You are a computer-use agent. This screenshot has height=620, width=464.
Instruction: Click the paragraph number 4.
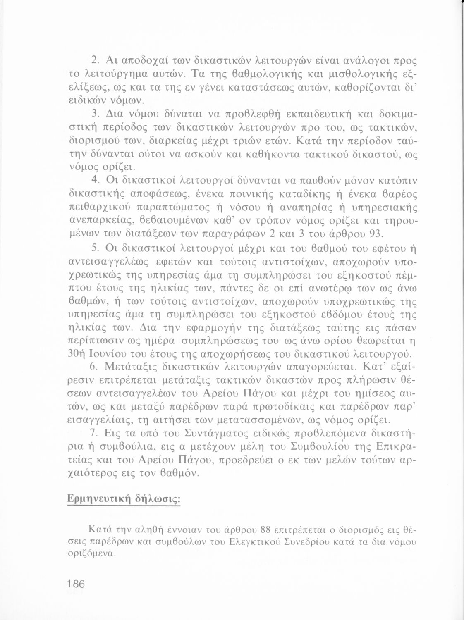94,180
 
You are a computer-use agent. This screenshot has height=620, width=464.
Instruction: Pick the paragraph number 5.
94,248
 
